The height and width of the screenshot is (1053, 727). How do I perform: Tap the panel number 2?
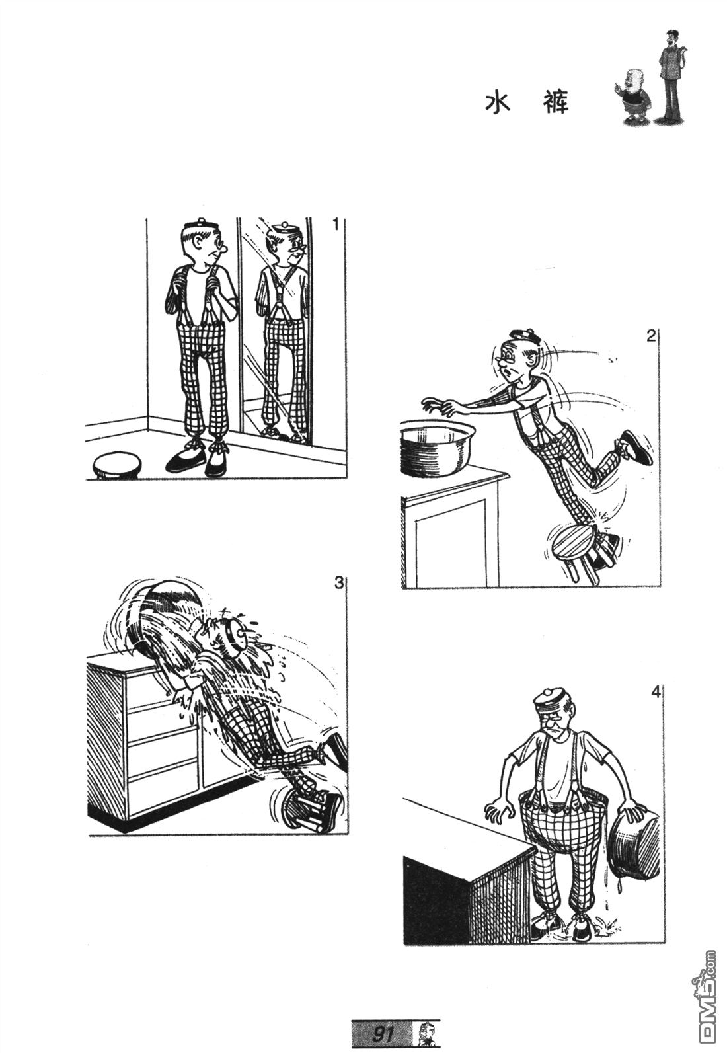coord(651,336)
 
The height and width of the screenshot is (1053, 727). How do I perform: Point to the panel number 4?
coord(656,693)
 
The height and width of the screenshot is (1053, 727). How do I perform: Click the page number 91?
coord(383,1032)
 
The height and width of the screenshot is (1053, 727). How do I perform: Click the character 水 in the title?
coord(498,102)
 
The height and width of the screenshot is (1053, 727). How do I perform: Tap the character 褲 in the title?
coord(555,102)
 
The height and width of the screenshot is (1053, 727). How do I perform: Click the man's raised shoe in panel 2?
coord(635,447)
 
